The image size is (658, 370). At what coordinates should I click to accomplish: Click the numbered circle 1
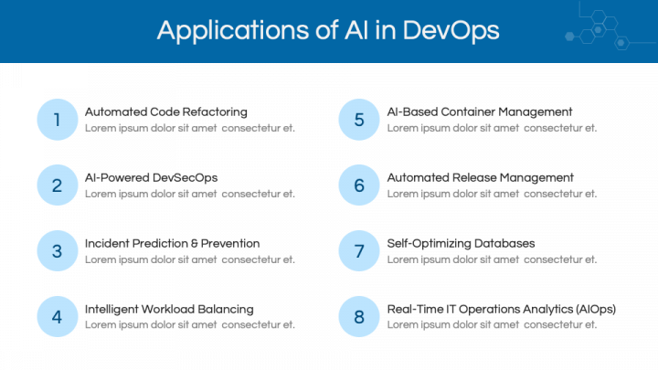[58, 120]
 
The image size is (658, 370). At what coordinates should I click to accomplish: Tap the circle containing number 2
[58, 185]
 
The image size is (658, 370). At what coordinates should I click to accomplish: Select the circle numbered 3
[58, 251]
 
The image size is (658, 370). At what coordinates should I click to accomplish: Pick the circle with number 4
[58, 317]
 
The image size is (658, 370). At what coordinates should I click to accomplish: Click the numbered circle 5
[359, 120]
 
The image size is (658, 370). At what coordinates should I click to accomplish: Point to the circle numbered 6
[359, 185]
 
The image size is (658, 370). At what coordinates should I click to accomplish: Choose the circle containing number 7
[359, 251]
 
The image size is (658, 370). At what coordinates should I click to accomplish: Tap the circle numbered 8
[359, 317]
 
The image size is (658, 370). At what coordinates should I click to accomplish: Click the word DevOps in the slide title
[451, 31]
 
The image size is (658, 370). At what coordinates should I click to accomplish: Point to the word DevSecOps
[185, 178]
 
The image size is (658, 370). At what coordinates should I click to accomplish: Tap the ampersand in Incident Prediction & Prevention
[195, 244]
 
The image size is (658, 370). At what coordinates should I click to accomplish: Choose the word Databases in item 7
[504, 244]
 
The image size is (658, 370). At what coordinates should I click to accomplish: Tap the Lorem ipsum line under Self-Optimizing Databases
[492, 259]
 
